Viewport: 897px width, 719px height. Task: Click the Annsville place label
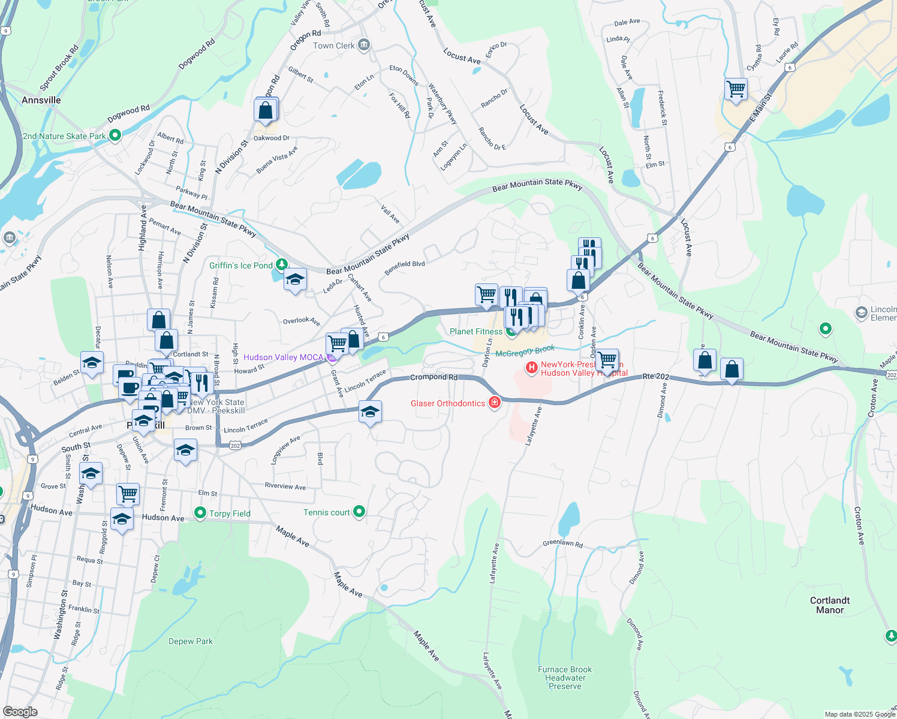click(41, 100)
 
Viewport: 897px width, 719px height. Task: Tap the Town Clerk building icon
click(363, 45)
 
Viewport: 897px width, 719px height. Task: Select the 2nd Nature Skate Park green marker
click(115, 136)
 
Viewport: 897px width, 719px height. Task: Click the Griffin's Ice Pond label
click(240, 265)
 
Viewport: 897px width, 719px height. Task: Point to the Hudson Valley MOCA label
click(283, 357)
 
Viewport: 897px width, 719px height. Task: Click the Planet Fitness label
click(476, 331)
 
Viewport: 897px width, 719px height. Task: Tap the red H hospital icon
click(531, 367)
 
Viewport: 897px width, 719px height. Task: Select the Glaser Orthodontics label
click(447, 403)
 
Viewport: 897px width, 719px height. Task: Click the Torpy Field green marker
click(200, 513)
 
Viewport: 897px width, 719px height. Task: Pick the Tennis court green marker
click(359, 512)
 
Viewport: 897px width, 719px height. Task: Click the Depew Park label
click(191, 641)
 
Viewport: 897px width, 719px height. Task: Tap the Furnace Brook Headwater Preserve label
click(565, 678)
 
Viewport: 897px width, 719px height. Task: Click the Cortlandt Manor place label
click(830, 605)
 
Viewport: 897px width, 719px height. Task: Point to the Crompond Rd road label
click(434, 377)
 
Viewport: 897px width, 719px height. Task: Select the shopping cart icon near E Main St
click(736, 89)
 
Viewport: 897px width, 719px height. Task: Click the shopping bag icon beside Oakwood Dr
click(266, 110)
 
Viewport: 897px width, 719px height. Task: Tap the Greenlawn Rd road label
click(562, 543)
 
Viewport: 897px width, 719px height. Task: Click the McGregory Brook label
click(525, 352)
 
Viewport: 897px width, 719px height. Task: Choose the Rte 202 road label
click(655, 376)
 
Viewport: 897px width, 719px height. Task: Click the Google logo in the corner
click(20, 711)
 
